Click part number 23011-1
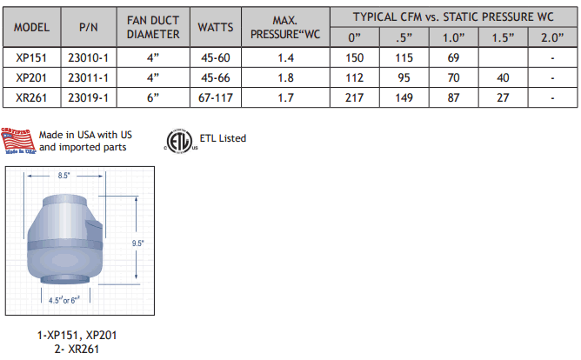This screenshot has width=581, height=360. (x=88, y=78)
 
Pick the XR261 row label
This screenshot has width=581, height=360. (x=31, y=97)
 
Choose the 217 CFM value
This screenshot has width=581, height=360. (x=354, y=97)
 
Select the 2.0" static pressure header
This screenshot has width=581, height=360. (x=553, y=39)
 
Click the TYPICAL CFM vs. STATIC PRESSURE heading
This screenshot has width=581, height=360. (x=453, y=17)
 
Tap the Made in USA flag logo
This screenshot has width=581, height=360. (x=18, y=142)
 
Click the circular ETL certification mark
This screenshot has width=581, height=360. (x=179, y=140)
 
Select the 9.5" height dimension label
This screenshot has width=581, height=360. (x=137, y=243)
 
